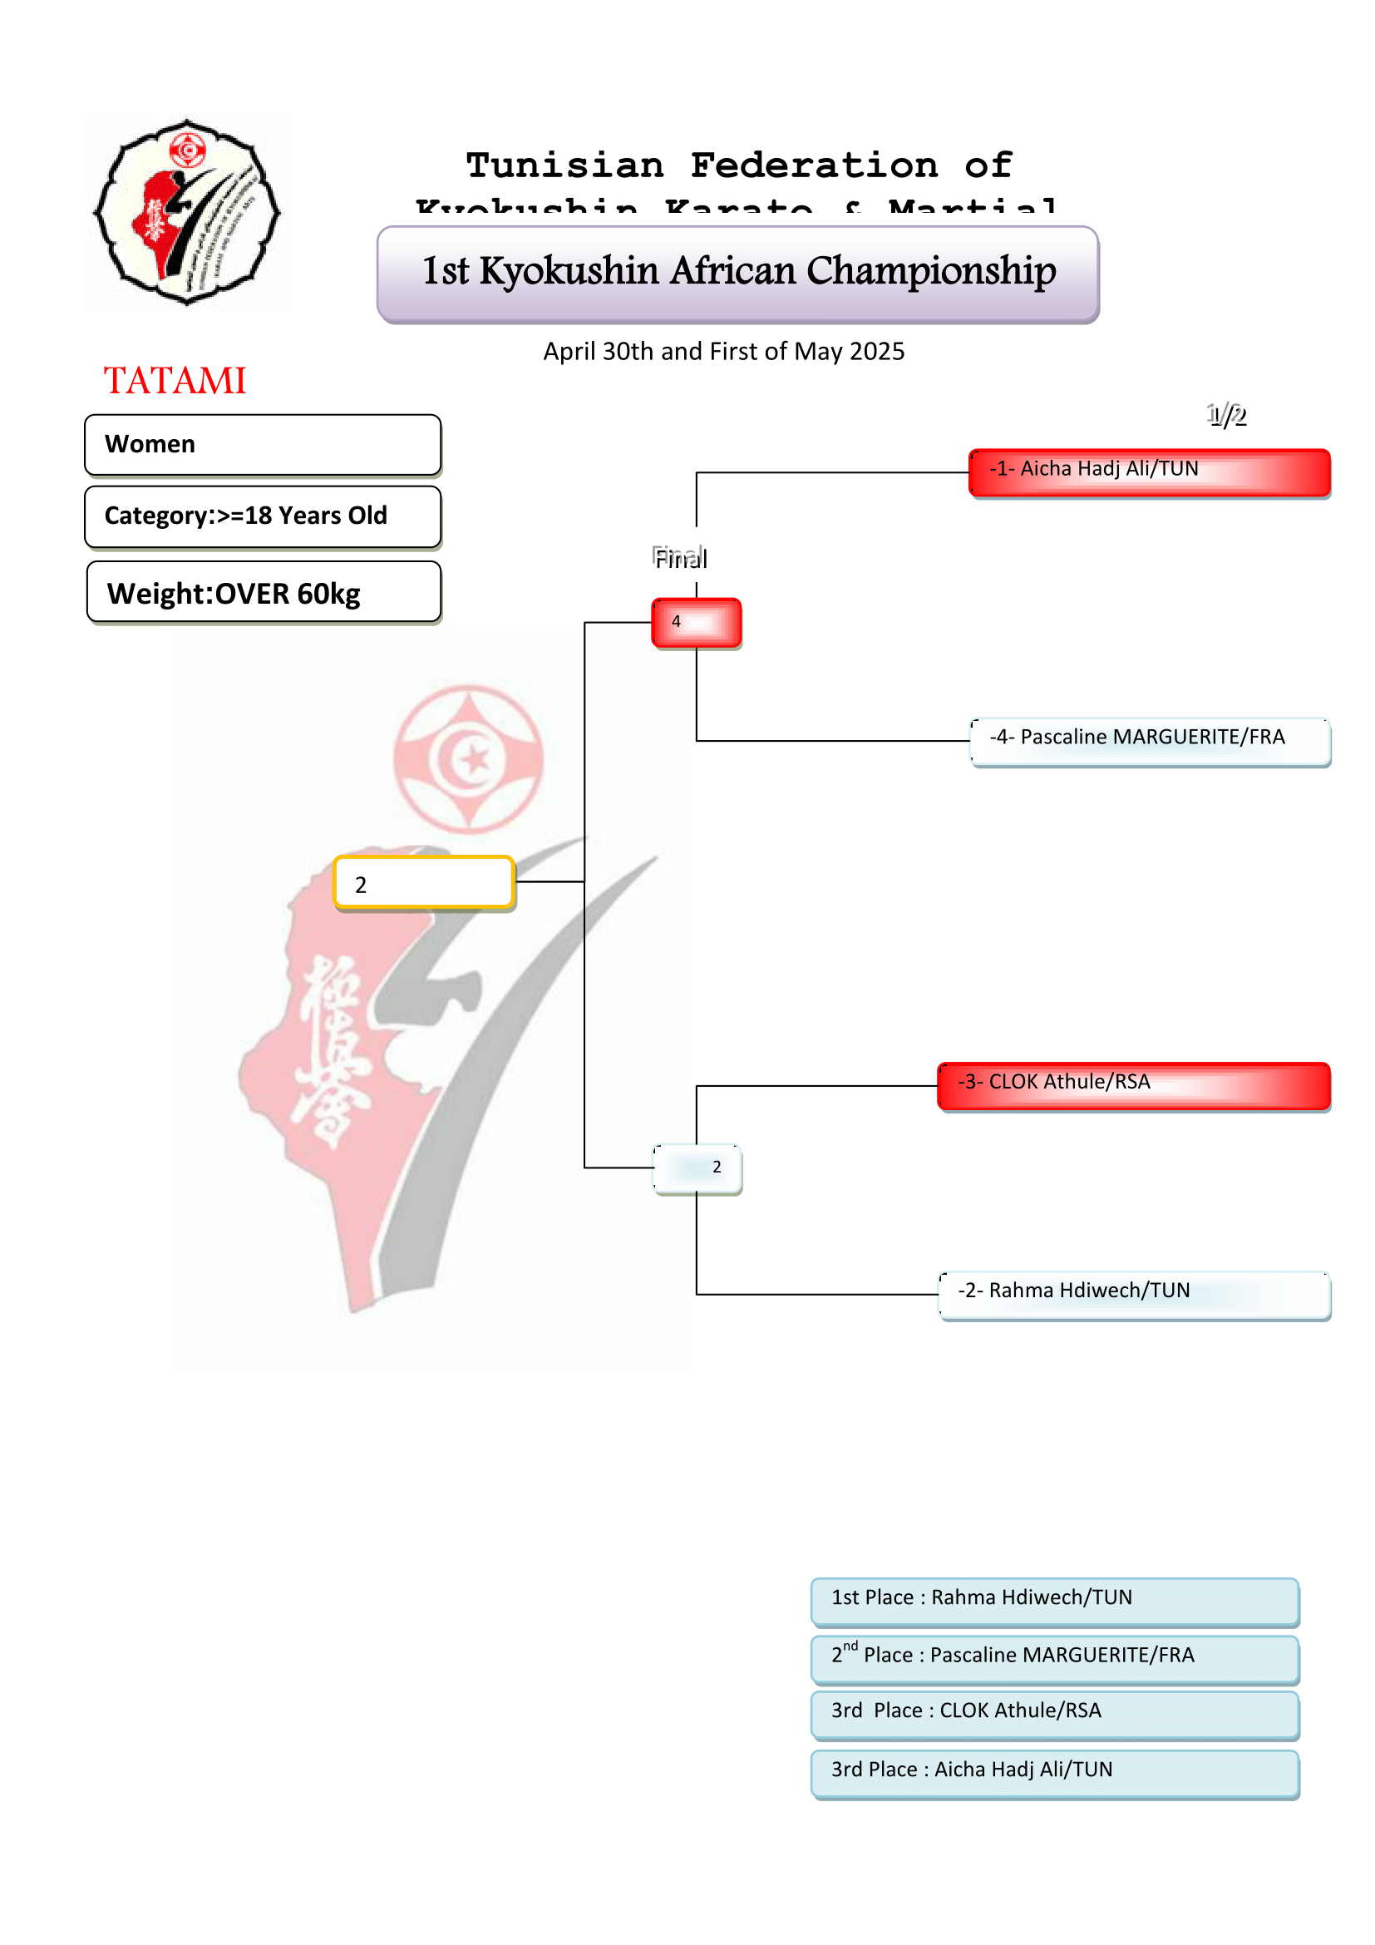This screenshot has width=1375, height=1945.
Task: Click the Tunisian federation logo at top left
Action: (x=187, y=213)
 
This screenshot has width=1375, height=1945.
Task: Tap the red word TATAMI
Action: (x=175, y=380)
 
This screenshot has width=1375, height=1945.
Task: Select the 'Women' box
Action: (x=263, y=445)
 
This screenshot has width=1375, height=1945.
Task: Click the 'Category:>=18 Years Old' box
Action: (x=263, y=516)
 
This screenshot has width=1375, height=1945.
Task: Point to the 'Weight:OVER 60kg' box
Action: (x=264, y=593)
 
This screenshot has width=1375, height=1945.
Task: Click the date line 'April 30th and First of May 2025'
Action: (x=723, y=352)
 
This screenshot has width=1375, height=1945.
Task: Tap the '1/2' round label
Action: (x=1226, y=415)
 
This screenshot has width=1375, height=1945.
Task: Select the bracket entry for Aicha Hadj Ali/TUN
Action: (x=1149, y=471)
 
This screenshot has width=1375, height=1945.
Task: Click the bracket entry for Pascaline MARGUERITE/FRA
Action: (x=1150, y=740)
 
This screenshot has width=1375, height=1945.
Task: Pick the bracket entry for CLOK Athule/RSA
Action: (x=1134, y=1085)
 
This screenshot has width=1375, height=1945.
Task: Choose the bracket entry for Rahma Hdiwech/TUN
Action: (x=1134, y=1294)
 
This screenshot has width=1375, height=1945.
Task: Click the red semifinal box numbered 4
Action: (x=696, y=623)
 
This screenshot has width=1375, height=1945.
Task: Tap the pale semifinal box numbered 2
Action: (x=697, y=1168)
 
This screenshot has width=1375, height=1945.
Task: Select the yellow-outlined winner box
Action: (x=424, y=883)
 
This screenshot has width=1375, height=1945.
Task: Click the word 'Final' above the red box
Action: (x=680, y=558)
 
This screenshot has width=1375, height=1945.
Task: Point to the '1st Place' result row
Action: (x=1054, y=1600)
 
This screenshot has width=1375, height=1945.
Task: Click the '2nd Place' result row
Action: (x=1054, y=1658)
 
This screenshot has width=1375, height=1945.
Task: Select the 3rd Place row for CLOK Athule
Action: (x=1054, y=1714)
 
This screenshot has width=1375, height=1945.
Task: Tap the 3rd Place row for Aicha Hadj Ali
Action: (x=1054, y=1772)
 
